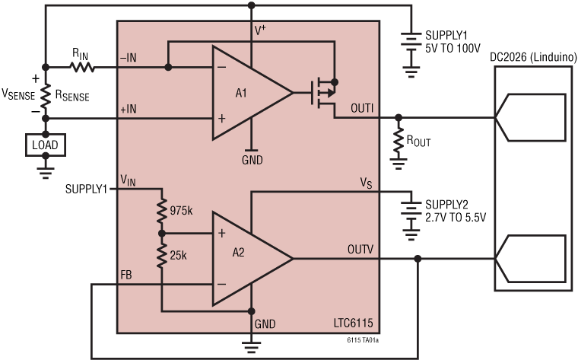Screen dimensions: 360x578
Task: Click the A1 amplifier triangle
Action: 243,94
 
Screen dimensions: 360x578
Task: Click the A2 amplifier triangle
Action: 243,259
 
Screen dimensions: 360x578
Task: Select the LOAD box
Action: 45,143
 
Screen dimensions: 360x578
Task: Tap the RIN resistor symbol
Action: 82,67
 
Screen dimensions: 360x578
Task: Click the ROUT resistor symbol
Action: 397,140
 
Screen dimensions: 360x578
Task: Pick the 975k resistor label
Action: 183,209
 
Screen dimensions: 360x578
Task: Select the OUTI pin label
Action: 362,108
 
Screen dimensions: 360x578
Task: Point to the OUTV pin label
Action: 361,248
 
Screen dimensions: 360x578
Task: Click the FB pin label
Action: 128,274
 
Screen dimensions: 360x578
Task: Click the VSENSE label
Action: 17,96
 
